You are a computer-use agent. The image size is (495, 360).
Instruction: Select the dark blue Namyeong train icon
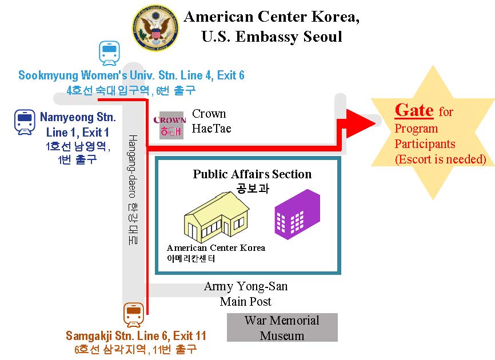pyautogui.click(x=24, y=122)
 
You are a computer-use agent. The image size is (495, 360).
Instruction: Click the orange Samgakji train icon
pyautogui.click(x=134, y=314)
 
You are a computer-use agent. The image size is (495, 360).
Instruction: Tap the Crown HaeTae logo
pyautogui.click(x=170, y=125)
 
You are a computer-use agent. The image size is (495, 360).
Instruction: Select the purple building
pyautogui.click(x=297, y=214)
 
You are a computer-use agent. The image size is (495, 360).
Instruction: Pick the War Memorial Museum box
pyautogui.click(x=282, y=327)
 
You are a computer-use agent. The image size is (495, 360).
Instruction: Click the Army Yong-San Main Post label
pyautogui.click(x=246, y=294)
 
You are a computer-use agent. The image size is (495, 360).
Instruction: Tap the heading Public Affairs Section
pyautogui.click(x=252, y=174)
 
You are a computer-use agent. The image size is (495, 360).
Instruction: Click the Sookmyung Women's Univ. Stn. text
pyautogui.click(x=131, y=75)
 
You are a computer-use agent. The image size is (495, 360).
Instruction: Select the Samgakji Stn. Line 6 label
pyautogui.click(x=135, y=336)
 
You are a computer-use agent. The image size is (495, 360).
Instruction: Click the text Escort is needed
pyautogui.click(x=440, y=159)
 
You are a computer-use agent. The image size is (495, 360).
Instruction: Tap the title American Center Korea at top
pyautogui.click(x=272, y=17)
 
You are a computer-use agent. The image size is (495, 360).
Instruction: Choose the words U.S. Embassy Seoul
pyautogui.click(x=272, y=38)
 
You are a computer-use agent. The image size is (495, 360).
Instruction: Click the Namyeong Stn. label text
pyautogui.click(x=77, y=119)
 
